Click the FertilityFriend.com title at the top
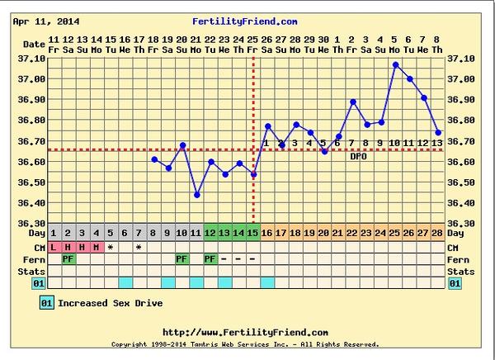(244, 21)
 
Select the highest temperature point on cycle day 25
(395, 64)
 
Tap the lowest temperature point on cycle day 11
(196, 195)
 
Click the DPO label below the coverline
(358, 156)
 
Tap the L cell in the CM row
(54, 246)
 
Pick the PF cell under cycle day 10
(181, 258)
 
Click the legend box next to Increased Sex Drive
(47, 303)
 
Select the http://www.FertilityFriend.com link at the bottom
(245, 332)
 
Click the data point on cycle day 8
(154, 159)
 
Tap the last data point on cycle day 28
(437, 132)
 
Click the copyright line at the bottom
(245, 343)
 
